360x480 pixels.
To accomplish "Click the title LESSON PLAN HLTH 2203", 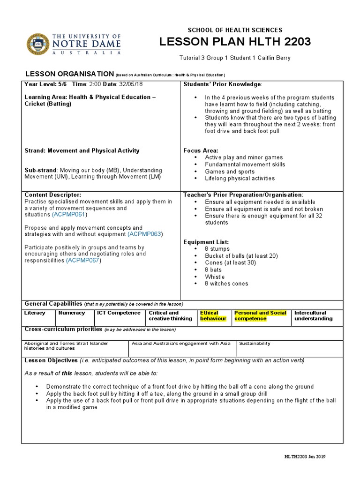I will click(235, 42).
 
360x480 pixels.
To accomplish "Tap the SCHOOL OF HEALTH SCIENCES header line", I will click(235, 30).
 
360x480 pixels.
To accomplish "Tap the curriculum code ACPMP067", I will click(83, 260).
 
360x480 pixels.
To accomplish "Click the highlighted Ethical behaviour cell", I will click(213, 315).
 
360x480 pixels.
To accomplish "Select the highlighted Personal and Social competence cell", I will click(260, 315).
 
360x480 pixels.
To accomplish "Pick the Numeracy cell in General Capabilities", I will click(72, 313).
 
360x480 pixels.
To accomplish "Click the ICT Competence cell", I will click(119, 313).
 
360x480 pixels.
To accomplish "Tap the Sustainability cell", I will click(255, 343).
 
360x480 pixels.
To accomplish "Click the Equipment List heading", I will click(206, 242).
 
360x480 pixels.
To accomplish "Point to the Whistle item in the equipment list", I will click(215, 277).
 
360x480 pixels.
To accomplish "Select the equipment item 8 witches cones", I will click(226, 284).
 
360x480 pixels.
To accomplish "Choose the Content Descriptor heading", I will click(52, 195).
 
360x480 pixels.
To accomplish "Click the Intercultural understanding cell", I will click(313, 315).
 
